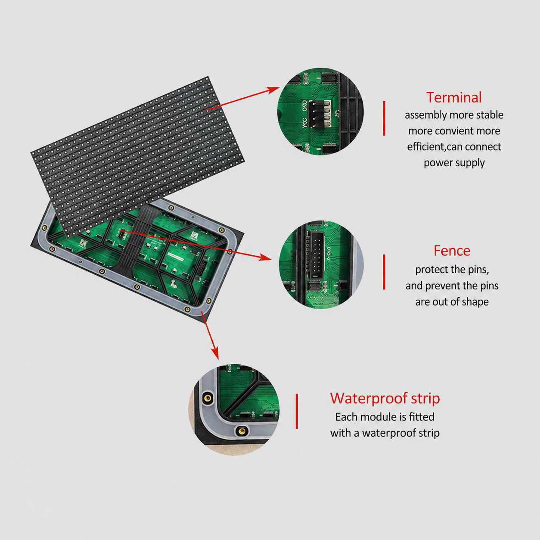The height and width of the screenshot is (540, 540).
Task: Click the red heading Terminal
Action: click(x=454, y=97)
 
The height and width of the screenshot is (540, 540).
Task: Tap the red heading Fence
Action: click(x=452, y=251)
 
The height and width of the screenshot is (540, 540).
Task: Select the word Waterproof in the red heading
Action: click(x=369, y=399)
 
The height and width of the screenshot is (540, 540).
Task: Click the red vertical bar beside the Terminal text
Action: click(x=384, y=118)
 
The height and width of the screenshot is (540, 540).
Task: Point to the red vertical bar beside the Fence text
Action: click(x=384, y=272)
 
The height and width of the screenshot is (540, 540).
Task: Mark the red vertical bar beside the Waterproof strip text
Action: click(x=297, y=411)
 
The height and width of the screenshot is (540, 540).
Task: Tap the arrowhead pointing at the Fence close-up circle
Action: click(x=265, y=257)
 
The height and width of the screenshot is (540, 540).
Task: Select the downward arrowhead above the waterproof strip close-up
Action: click(x=215, y=353)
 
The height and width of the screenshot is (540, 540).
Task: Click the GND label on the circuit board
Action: click(x=305, y=106)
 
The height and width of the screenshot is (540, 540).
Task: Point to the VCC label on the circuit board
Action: click(x=304, y=123)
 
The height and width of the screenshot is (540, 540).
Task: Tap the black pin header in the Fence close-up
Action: click(x=317, y=255)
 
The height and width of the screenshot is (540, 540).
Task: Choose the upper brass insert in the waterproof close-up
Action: click(x=208, y=398)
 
